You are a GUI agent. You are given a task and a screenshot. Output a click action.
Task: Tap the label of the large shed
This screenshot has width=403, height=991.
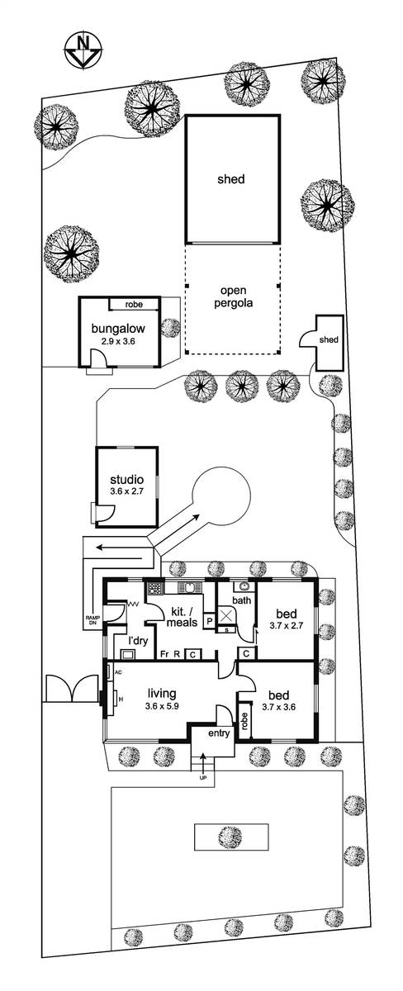[231, 179]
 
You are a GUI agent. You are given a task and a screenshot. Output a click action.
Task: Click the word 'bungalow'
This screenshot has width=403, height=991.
[118, 329]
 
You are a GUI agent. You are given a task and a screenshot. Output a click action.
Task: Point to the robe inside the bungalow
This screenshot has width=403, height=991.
[134, 305]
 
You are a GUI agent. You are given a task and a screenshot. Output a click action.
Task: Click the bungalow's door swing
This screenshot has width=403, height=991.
[98, 357]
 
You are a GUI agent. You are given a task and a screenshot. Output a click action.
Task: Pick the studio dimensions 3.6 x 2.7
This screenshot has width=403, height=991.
[127, 491]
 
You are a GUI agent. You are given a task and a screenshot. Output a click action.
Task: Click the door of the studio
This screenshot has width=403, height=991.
[106, 515]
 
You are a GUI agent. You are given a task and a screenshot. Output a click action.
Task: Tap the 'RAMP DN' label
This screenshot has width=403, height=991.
[92, 620]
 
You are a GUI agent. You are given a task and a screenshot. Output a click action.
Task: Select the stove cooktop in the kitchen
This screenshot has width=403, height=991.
[154, 588]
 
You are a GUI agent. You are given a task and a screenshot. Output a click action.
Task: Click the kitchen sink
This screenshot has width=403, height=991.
[189, 587]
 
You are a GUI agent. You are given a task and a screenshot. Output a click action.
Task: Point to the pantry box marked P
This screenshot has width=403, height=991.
[209, 621]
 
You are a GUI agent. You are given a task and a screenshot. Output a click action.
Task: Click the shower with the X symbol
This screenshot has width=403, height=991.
[226, 615]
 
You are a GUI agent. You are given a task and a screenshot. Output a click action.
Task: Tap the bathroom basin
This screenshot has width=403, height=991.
[243, 586]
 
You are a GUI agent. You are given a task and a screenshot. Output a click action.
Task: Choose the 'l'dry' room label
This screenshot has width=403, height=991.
[138, 641]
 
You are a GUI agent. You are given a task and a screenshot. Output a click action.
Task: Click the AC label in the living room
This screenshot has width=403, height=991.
[118, 672]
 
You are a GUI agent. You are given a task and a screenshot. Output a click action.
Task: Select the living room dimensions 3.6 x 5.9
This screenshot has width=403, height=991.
[162, 707]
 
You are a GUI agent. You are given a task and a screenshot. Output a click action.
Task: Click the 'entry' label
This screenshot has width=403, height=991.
[219, 733]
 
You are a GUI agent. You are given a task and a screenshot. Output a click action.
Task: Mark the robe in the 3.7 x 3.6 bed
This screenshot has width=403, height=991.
[244, 722]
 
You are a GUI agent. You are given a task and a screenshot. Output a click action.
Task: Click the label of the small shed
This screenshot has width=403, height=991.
[329, 339]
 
